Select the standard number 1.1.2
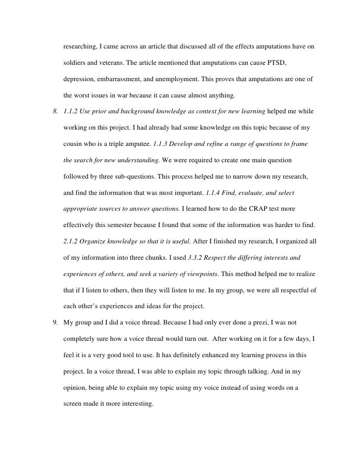(72, 112)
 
